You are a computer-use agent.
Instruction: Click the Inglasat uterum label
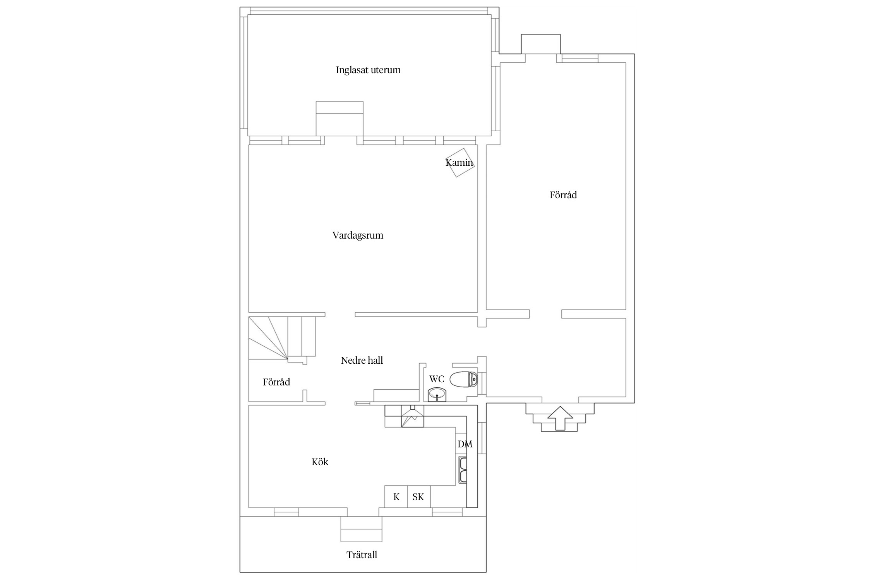(368, 70)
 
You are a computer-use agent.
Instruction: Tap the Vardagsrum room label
(358, 235)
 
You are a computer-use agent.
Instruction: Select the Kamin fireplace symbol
(460, 162)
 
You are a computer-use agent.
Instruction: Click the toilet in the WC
(464, 379)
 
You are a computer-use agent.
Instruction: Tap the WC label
(437, 378)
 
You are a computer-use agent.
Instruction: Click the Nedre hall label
(362, 361)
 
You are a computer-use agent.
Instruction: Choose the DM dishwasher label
(465, 444)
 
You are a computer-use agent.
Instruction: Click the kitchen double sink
(463, 470)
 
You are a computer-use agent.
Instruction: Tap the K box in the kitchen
(396, 497)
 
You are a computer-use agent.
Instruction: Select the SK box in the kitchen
(418, 497)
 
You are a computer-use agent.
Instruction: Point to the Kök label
(320, 462)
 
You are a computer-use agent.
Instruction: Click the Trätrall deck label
(362, 555)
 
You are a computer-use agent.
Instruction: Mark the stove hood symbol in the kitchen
(413, 416)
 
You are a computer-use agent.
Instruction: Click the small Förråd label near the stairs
(276, 382)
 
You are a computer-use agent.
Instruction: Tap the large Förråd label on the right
(563, 195)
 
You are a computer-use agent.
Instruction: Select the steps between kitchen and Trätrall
(361, 529)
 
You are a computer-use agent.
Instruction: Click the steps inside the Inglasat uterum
(339, 119)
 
